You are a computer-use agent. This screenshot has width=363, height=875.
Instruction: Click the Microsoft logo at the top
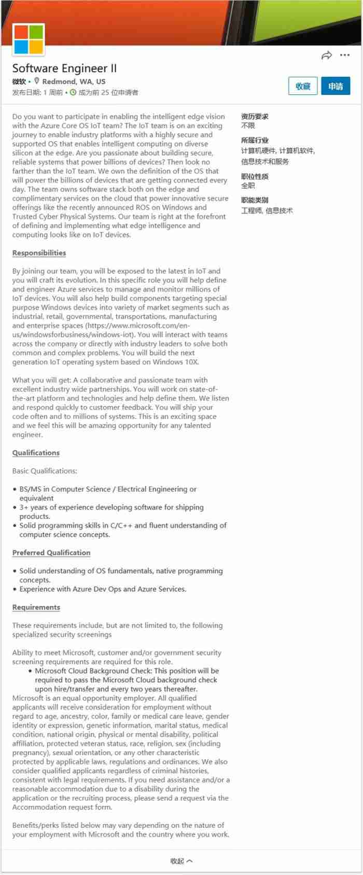[29, 39]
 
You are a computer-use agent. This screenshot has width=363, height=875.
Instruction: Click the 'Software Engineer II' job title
[64, 68]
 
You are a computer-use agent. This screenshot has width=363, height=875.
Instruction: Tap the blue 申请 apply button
[336, 86]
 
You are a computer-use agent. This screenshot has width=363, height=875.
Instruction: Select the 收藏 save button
[303, 86]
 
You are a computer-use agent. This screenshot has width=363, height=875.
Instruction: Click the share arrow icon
[327, 55]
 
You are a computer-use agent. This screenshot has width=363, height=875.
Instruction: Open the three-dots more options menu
[345, 55]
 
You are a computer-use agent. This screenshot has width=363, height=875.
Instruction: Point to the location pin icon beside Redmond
[37, 81]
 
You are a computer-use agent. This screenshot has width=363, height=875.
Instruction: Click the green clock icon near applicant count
[73, 92]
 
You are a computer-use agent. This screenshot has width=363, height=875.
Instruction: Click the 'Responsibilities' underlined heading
[39, 253]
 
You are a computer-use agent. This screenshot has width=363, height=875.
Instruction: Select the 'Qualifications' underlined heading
[36, 453]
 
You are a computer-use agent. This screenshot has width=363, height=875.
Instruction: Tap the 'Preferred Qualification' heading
[51, 553]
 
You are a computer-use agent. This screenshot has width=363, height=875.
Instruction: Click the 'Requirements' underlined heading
[36, 607]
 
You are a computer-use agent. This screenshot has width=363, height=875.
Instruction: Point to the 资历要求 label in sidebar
[255, 117]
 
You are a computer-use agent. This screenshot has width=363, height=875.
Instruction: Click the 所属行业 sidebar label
[255, 140]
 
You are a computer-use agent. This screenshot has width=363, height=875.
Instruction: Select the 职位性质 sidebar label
[255, 176]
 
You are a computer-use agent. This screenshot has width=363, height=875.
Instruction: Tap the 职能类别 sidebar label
[255, 200]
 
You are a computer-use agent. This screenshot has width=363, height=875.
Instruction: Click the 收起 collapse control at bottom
[181, 861]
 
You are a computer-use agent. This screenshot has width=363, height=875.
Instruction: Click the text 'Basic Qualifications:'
[45, 471]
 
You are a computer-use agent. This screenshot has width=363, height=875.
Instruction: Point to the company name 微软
[19, 81]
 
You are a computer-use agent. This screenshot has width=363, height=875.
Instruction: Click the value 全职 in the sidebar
[248, 186]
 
